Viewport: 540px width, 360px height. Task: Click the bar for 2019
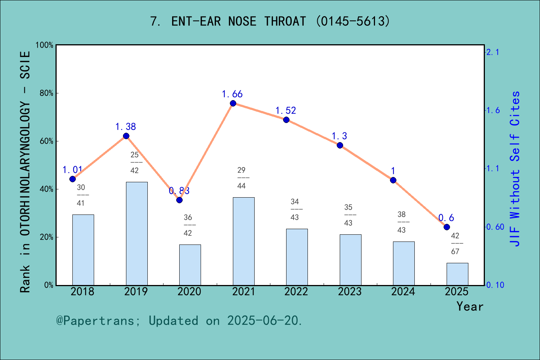click(136, 233)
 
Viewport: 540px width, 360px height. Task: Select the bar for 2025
click(457, 274)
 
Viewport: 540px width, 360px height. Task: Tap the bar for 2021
click(243, 241)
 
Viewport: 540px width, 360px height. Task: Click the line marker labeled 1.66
click(233, 103)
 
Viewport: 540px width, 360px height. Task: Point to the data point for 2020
click(179, 200)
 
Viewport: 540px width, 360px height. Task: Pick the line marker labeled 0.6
click(447, 227)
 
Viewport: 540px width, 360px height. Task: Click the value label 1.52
click(285, 111)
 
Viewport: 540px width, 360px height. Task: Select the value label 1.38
click(125, 127)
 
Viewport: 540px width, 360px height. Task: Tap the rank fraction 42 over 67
click(455, 243)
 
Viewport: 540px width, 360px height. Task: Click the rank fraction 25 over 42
click(134, 162)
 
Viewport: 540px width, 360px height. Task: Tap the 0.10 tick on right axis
click(495, 285)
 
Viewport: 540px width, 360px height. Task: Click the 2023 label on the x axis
click(349, 292)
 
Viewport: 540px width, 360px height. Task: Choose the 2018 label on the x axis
click(82, 292)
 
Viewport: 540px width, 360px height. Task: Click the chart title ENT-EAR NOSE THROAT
click(270, 21)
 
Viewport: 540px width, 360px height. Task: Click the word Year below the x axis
click(469, 306)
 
